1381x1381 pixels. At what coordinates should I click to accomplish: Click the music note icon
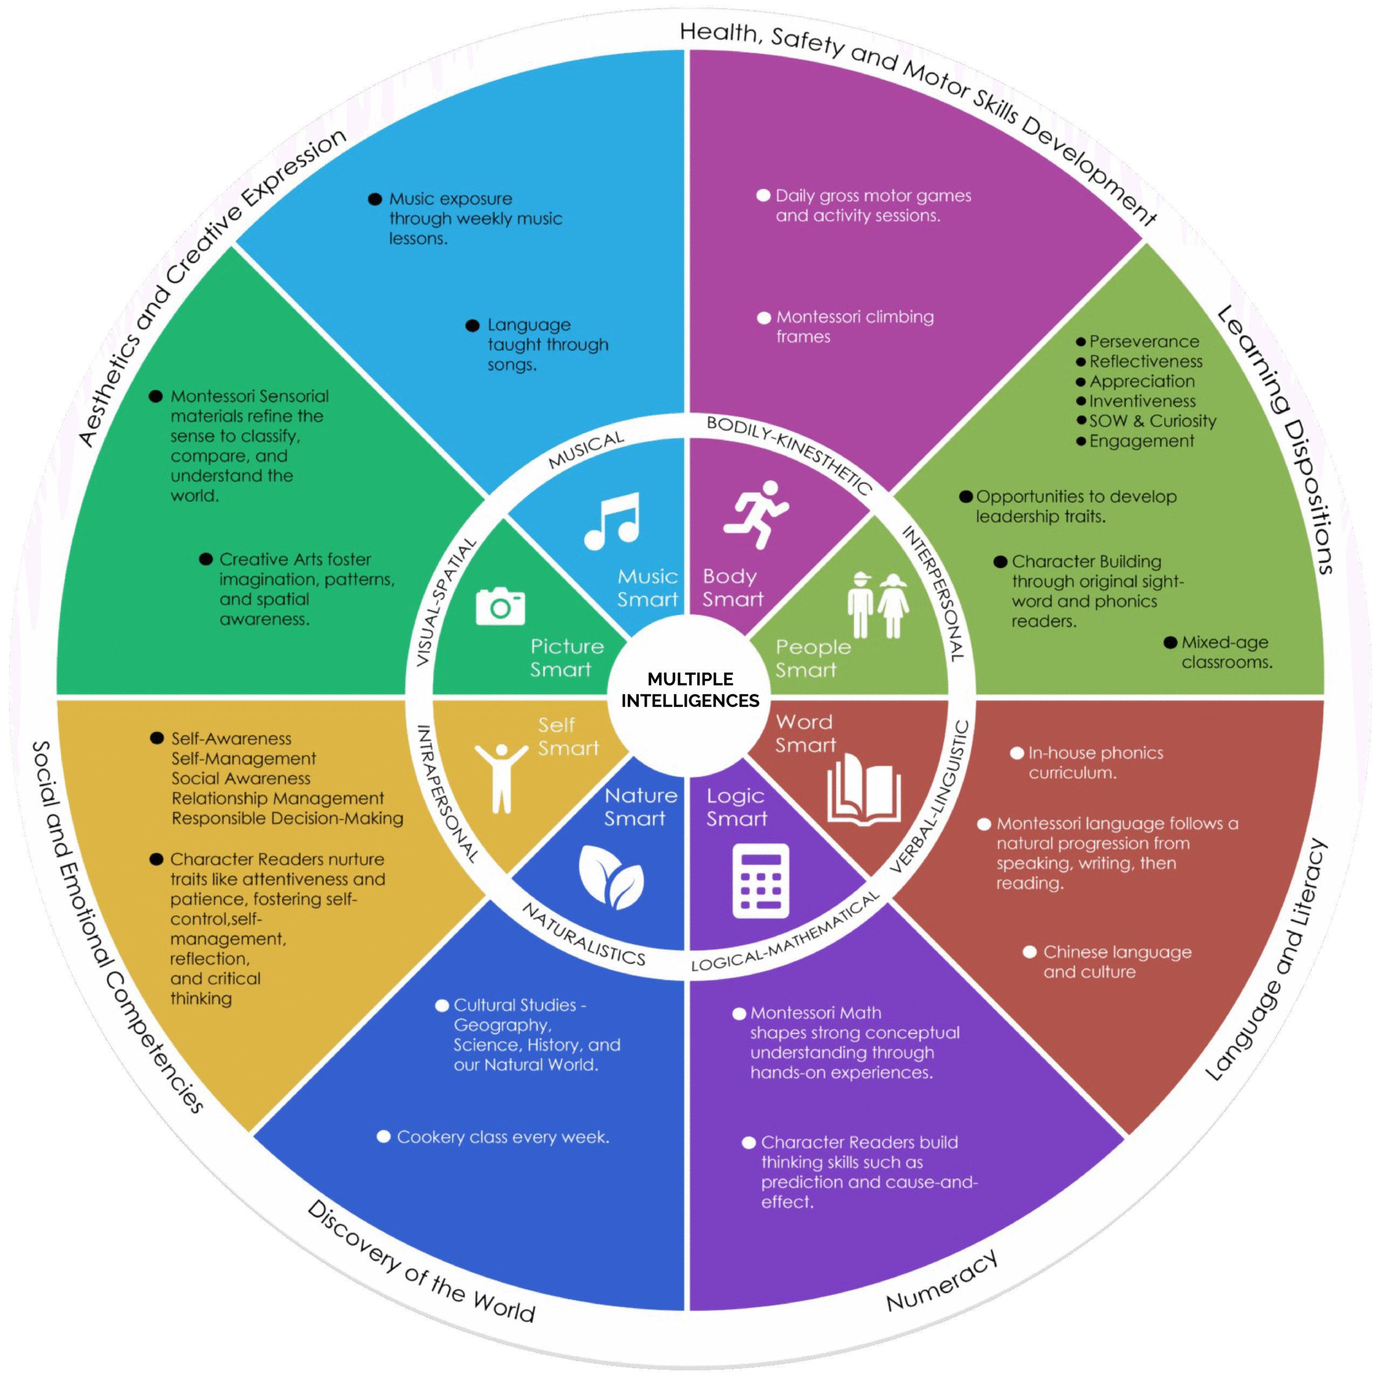pyautogui.click(x=612, y=521)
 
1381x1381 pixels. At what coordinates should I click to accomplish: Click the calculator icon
pyautogui.click(x=761, y=880)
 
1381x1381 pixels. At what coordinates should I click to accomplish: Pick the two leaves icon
pyautogui.click(x=611, y=877)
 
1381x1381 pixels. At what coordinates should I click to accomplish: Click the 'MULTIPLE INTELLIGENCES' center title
pyautogui.click(x=690, y=690)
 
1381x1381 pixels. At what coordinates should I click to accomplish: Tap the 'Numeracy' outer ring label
pyautogui.click(x=941, y=1281)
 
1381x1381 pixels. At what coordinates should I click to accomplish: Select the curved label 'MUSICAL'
pyautogui.click(x=586, y=450)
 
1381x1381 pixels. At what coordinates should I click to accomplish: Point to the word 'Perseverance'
pyautogui.click(x=1144, y=341)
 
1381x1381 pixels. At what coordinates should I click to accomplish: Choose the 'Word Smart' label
pyautogui.click(x=805, y=734)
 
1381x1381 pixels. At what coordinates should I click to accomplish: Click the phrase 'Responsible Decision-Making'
pyautogui.click(x=288, y=818)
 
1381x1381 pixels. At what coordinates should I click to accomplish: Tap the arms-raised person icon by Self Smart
pyautogui.click(x=501, y=778)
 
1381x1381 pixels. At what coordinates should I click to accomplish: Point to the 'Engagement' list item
pyautogui.click(x=1141, y=441)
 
